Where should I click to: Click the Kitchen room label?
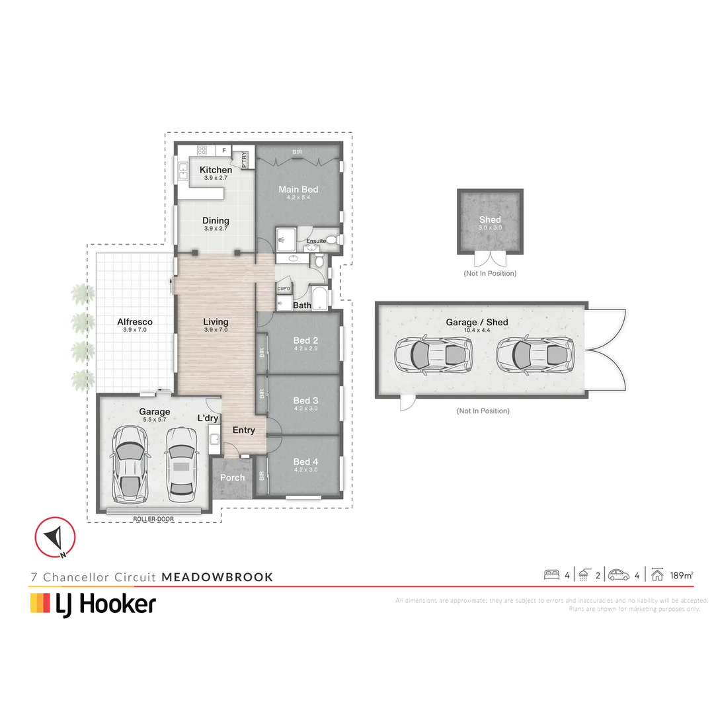coord(216,170)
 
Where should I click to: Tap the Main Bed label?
coord(298,190)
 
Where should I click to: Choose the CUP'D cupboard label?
coord(284,289)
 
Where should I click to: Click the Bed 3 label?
coord(306,401)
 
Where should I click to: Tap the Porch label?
coord(232,477)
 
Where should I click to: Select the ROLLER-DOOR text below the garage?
coord(153,520)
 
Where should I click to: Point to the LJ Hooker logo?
coord(93,604)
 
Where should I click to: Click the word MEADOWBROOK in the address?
coord(218,577)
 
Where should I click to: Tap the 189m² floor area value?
coord(682,575)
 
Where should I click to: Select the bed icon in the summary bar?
coord(551,575)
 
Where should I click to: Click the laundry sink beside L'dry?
coord(214,438)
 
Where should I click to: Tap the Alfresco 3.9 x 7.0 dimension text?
coord(135,329)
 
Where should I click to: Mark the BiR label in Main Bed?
coord(297,153)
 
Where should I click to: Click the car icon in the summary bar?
coord(619,575)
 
